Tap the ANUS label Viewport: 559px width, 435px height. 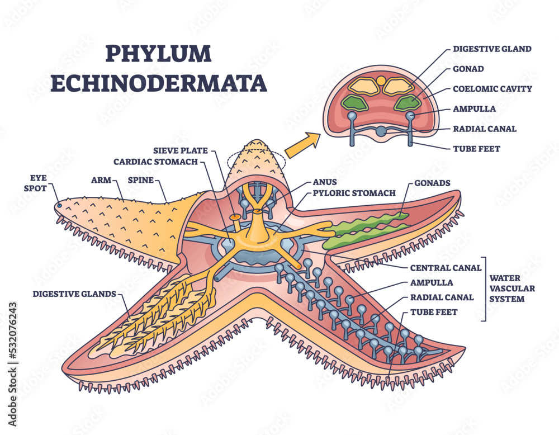click(324, 182)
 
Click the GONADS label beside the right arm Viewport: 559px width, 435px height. click(433, 183)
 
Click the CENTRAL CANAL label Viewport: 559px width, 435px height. click(446, 268)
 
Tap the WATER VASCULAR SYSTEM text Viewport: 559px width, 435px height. click(513, 288)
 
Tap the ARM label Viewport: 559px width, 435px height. click(101, 181)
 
